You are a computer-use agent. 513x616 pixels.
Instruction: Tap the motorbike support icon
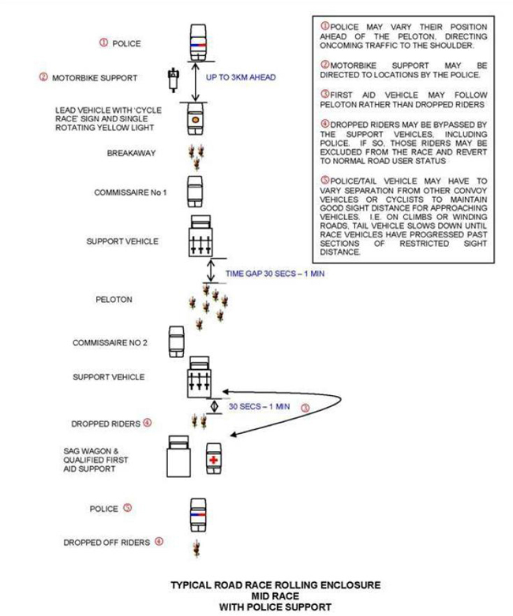pyautogui.click(x=172, y=80)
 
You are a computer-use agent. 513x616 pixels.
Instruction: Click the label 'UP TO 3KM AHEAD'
pyautogui.click(x=244, y=79)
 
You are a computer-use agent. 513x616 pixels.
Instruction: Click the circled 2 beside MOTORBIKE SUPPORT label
pyautogui.click(x=43, y=77)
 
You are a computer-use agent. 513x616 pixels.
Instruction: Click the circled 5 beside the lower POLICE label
pyautogui.click(x=127, y=509)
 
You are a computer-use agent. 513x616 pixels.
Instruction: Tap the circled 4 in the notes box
pyautogui.click(x=324, y=123)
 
